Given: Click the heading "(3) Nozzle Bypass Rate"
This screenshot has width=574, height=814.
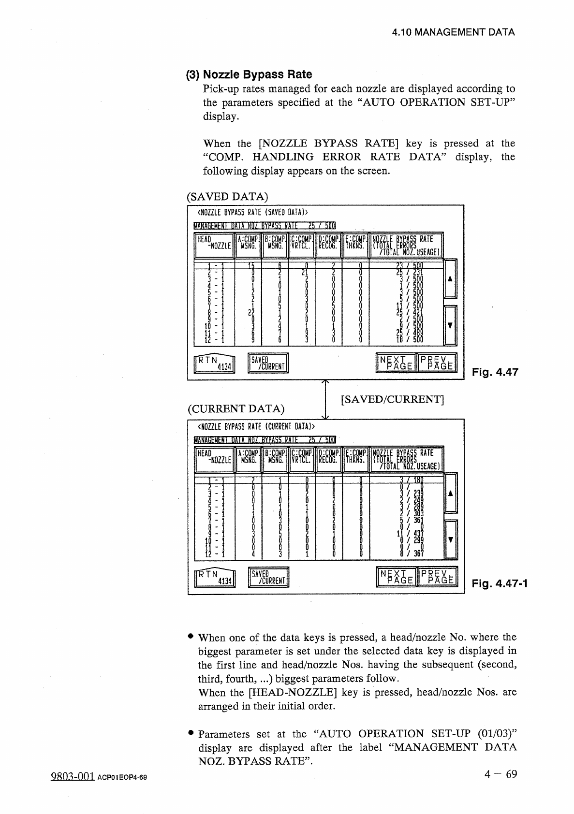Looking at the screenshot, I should pos(249,74).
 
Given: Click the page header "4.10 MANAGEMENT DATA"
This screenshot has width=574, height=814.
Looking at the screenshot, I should pos(453,32).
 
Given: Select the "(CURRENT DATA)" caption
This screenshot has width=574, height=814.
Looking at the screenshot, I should pos(235,408).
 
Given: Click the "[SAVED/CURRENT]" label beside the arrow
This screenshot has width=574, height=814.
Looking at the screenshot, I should pos(392,399).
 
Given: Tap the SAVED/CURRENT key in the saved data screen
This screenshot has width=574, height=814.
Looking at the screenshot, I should pos(268,363).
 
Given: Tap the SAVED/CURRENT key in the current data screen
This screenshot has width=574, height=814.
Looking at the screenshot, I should pos(268,577).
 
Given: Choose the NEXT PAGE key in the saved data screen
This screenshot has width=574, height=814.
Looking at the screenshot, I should pos(397,363).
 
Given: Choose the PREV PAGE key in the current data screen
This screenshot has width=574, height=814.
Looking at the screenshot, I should pos(437,577).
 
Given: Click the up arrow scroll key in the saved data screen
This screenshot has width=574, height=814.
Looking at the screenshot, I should pos(450,279).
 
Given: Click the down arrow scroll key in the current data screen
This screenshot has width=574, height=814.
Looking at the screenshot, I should pos(450,539).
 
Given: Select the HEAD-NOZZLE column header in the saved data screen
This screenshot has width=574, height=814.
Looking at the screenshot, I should pos(213,246).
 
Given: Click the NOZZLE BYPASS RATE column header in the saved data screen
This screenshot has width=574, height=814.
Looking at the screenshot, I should pos(406,246).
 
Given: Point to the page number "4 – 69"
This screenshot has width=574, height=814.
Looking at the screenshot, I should pos(500,774).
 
